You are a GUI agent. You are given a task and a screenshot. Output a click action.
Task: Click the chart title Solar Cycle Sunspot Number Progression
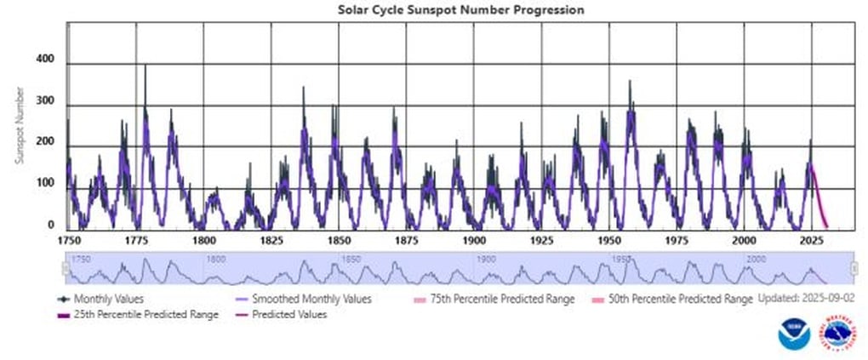tap(461, 9)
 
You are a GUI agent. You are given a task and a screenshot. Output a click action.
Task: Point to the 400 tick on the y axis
tap(45, 60)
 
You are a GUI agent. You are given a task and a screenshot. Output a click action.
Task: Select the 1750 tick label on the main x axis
tap(69, 241)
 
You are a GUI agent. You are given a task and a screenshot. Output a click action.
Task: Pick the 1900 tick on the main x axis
tap(474, 241)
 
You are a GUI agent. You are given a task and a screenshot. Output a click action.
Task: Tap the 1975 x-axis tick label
tap(677, 241)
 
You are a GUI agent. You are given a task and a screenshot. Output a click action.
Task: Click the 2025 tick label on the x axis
tap(812, 241)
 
